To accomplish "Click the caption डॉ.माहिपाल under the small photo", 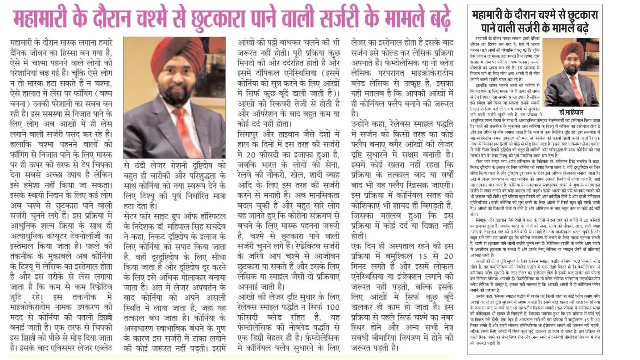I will pos(571,112).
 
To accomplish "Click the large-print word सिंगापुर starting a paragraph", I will pos(251,134).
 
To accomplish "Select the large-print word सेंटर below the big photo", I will pos(132,216).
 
